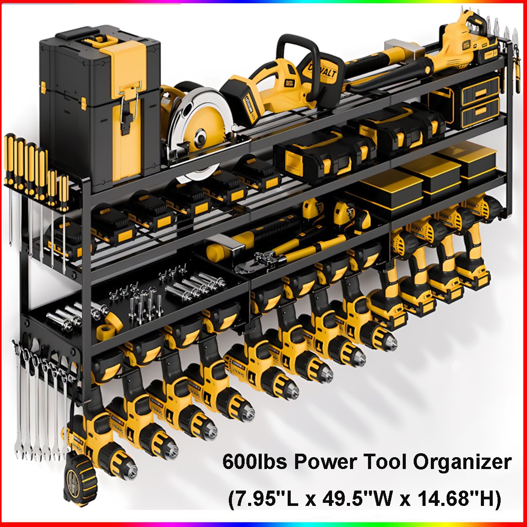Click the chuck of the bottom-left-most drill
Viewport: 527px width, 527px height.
pos(125,470)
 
